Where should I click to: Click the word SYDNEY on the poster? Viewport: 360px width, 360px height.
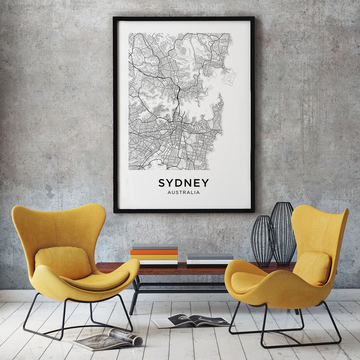(183, 183)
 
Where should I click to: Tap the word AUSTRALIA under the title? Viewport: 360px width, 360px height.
(183, 192)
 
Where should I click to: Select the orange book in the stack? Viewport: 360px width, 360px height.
(154, 252)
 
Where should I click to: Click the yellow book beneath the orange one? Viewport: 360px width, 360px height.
(154, 257)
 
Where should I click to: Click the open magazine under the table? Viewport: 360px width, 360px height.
(191, 320)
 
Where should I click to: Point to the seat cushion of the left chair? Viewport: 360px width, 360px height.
(98, 280)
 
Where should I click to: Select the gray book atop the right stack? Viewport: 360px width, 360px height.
(210, 256)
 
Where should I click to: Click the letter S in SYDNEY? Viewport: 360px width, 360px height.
(162, 183)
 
